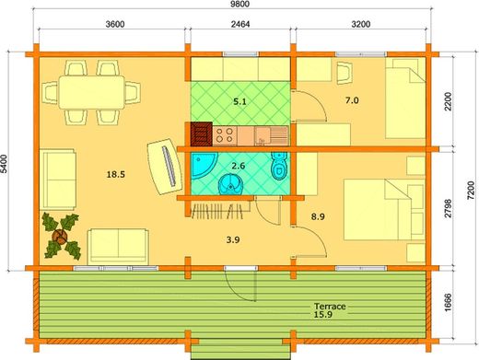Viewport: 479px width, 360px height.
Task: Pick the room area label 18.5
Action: point(115,173)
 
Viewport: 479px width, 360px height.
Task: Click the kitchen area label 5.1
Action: point(239,102)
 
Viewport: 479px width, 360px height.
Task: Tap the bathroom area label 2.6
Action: point(239,167)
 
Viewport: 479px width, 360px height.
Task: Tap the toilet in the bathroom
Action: point(279,170)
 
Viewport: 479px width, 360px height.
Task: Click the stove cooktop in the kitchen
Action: point(224,135)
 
